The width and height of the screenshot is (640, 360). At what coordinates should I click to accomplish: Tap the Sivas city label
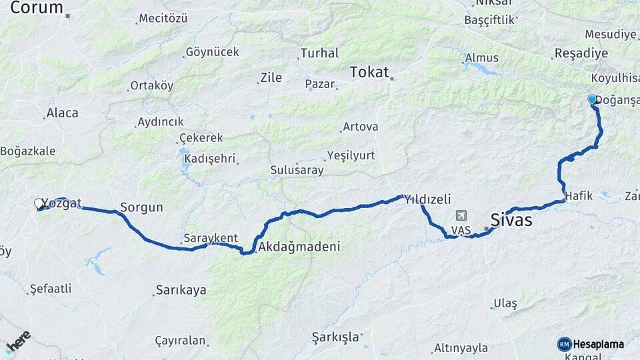(511, 219)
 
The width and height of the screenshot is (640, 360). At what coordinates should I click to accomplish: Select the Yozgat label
(61, 203)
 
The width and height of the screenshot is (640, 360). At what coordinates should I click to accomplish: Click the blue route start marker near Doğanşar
(592, 99)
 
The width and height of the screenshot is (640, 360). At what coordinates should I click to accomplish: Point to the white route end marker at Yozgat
(39, 203)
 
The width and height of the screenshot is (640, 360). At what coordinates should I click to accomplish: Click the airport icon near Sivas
(461, 216)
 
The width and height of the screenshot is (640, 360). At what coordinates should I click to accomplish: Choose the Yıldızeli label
(433, 199)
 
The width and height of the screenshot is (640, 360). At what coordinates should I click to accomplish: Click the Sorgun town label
(141, 207)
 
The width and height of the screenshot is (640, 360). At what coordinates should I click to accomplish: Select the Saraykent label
(211, 238)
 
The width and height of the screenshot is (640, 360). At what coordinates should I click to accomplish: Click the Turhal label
(319, 53)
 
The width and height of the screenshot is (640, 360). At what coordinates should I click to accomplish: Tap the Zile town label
(271, 78)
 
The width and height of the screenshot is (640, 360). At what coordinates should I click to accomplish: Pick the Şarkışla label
(335, 337)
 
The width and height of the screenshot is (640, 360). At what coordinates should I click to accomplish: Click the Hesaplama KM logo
(591, 344)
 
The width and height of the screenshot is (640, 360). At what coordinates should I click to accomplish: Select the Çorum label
(37, 8)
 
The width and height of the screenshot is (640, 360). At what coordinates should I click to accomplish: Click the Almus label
(481, 58)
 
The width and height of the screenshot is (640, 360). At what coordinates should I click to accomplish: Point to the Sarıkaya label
(181, 290)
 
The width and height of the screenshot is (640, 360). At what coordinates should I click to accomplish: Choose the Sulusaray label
(297, 170)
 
